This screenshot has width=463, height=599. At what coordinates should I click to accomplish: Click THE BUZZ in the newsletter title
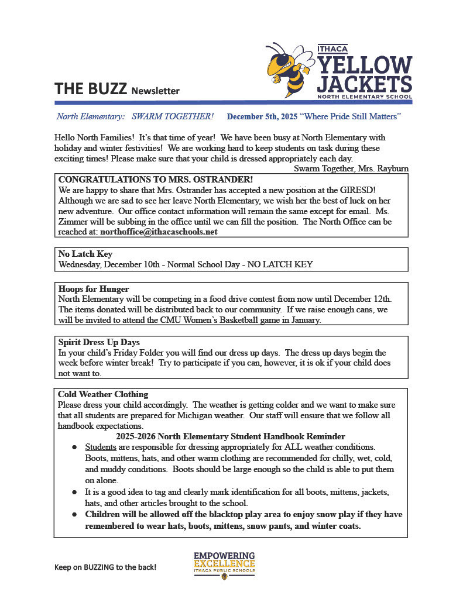tap(91, 89)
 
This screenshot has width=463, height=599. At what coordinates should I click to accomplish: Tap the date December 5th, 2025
tap(262, 117)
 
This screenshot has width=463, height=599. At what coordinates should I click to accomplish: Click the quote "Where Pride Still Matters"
tap(350, 117)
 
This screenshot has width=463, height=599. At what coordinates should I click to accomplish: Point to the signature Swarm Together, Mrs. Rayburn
tap(351, 168)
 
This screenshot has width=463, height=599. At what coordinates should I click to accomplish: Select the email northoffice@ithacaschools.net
tap(159, 232)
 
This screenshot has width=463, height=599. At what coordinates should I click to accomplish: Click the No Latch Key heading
tap(85, 254)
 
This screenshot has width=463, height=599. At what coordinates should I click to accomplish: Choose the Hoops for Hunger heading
tap(94, 289)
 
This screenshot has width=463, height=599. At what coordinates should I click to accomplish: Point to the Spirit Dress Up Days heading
tap(99, 342)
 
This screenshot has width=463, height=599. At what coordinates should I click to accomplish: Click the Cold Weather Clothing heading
tap(103, 394)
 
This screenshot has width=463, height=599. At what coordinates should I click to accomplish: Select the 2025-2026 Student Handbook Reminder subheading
tap(230, 437)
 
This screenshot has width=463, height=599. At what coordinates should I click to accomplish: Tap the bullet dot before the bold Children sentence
tap(75, 515)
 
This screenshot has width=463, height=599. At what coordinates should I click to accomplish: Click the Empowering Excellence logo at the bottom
tap(224, 564)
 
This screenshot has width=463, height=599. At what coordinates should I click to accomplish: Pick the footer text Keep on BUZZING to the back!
tap(105, 567)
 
